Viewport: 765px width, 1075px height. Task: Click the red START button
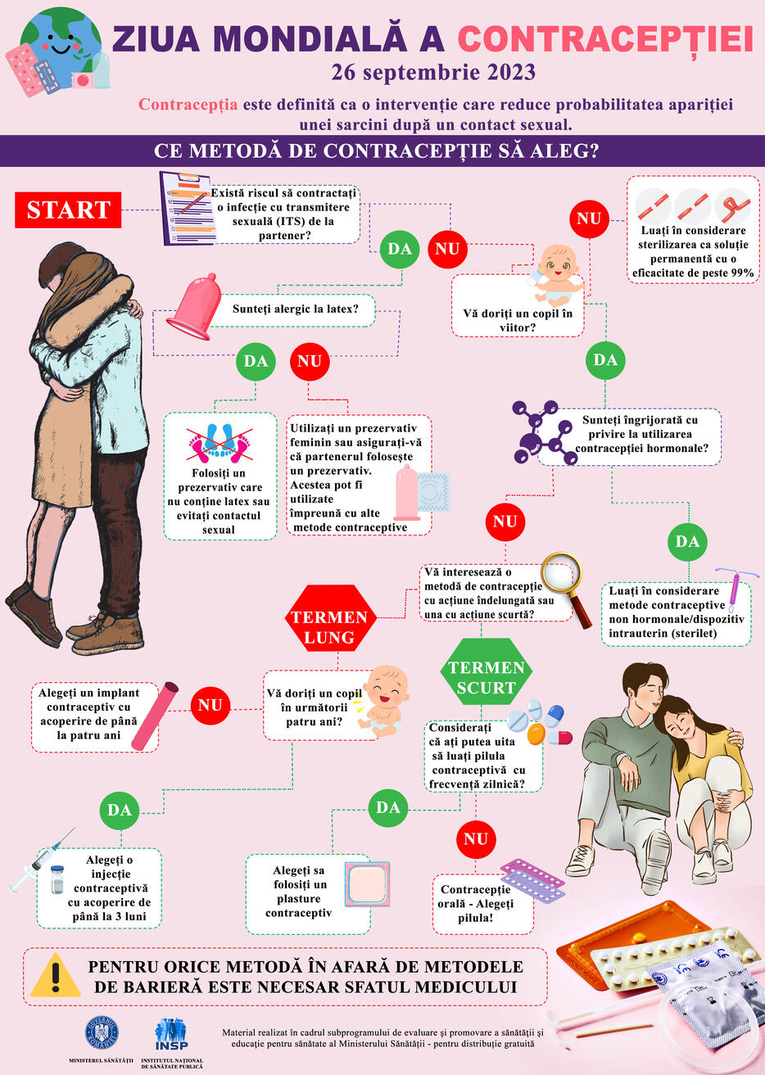[x=68, y=210]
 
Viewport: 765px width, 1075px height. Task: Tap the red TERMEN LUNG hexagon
[x=330, y=617]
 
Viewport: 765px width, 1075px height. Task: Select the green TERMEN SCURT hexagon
[x=486, y=671]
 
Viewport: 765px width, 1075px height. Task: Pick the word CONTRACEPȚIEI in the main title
[x=605, y=38]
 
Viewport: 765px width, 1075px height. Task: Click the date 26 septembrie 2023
[x=433, y=73]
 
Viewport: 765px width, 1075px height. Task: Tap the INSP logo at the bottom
[x=171, y=1035]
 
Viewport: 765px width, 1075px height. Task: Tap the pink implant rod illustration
[x=155, y=716]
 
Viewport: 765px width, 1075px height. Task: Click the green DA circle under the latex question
[x=256, y=361]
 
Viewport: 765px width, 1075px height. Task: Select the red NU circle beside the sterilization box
[x=589, y=219]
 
